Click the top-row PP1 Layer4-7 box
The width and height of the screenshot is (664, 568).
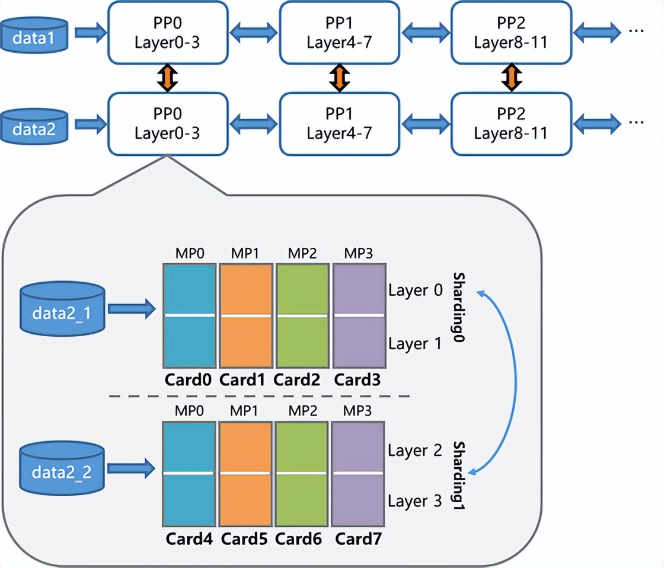tap(339, 33)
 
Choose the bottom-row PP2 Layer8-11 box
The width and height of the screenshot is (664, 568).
tap(510, 123)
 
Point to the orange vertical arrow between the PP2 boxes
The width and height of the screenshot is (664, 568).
tap(510, 78)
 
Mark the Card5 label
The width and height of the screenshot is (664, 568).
tap(245, 540)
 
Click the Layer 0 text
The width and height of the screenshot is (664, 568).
tap(416, 291)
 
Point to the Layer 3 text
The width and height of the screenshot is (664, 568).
tap(415, 501)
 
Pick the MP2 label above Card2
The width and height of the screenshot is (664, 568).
tap(302, 254)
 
